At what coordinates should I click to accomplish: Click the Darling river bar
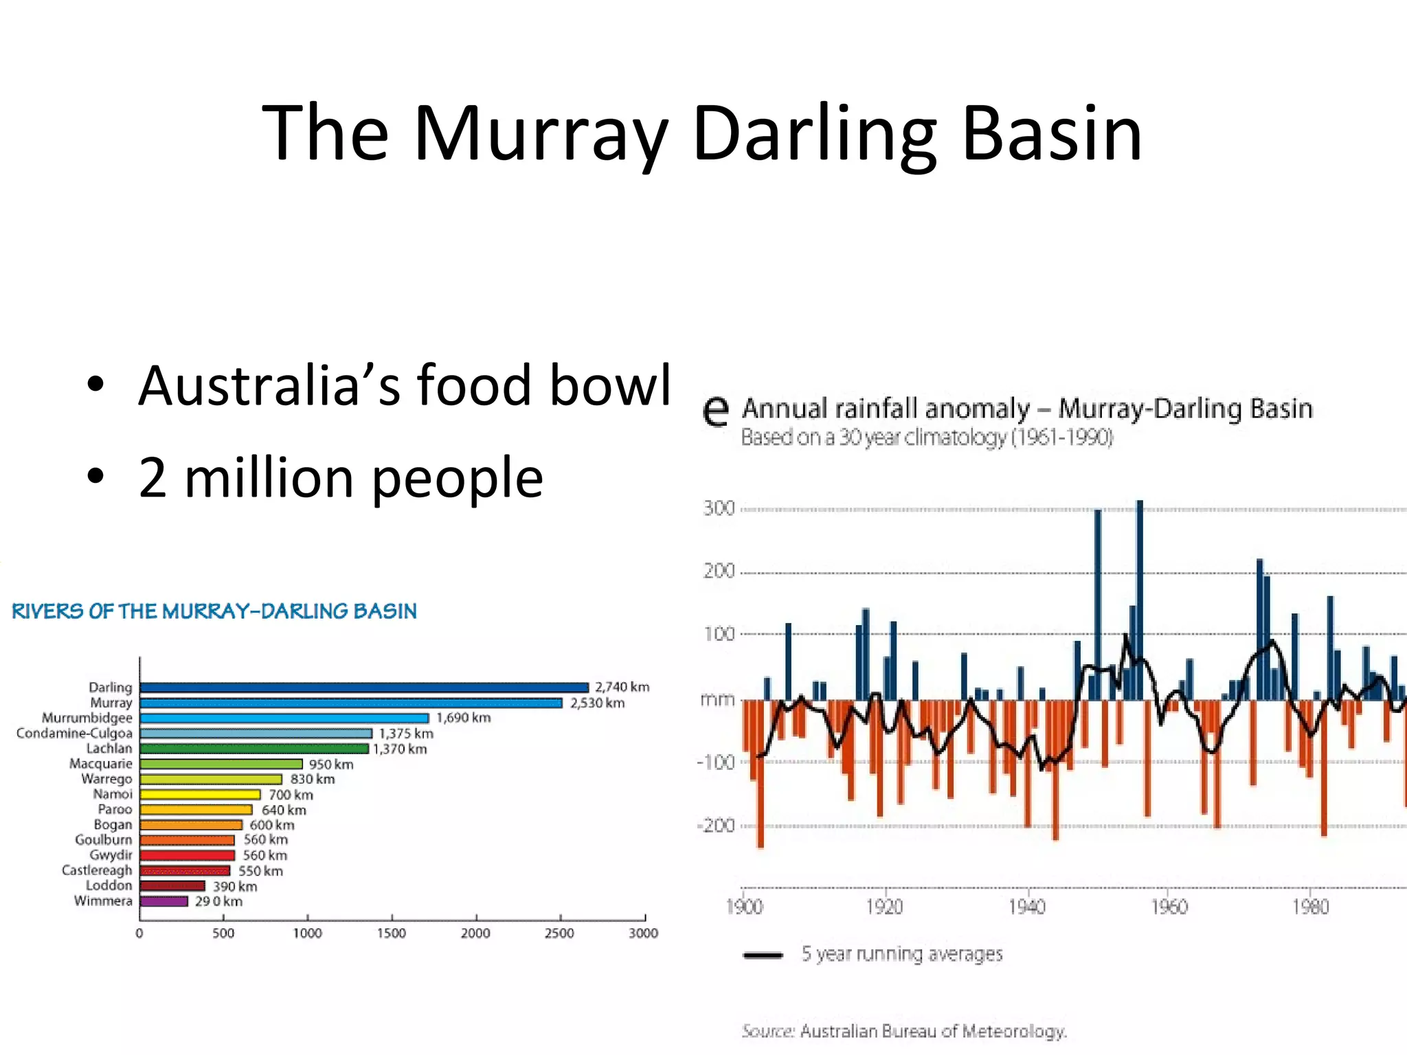[364, 688]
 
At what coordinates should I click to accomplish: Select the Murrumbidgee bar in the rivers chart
[284, 718]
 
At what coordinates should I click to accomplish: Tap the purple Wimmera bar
[164, 901]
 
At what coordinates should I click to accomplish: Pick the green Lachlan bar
[254, 749]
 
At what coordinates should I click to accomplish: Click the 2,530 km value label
[597, 703]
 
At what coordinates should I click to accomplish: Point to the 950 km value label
[331, 764]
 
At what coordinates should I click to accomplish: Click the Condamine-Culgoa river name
[74, 734]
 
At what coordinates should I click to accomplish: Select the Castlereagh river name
[97, 870]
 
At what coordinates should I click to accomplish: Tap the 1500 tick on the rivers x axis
[392, 933]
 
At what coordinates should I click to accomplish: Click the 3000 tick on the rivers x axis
[644, 933]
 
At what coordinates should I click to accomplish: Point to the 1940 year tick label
[1027, 907]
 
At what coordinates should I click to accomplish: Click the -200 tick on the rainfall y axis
[716, 826]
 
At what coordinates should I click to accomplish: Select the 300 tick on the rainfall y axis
[719, 509]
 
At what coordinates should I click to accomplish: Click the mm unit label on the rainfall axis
[717, 700]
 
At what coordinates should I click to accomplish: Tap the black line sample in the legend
[763, 955]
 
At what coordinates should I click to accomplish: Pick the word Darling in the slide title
[814, 134]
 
